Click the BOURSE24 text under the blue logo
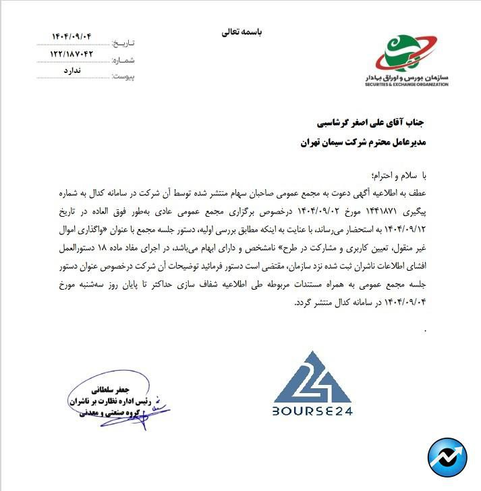point(313,411)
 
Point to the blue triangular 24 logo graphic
point(312,377)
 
